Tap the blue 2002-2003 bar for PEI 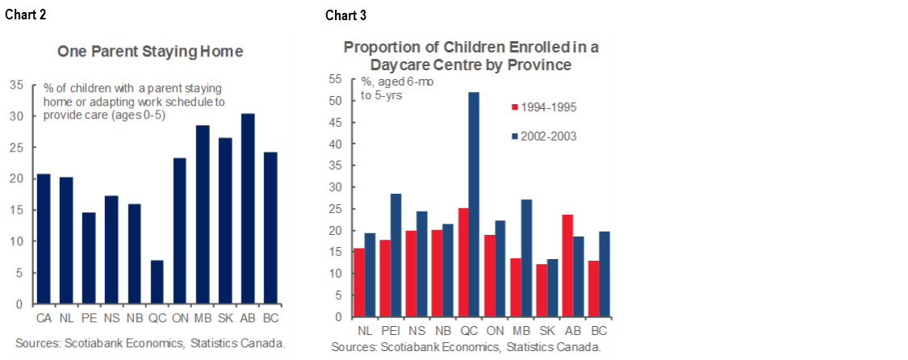click(395, 255)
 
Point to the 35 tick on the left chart click(16, 84)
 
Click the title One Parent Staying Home click(149, 52)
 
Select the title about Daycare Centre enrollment click(471, 55)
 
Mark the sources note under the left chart click(149, 343)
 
